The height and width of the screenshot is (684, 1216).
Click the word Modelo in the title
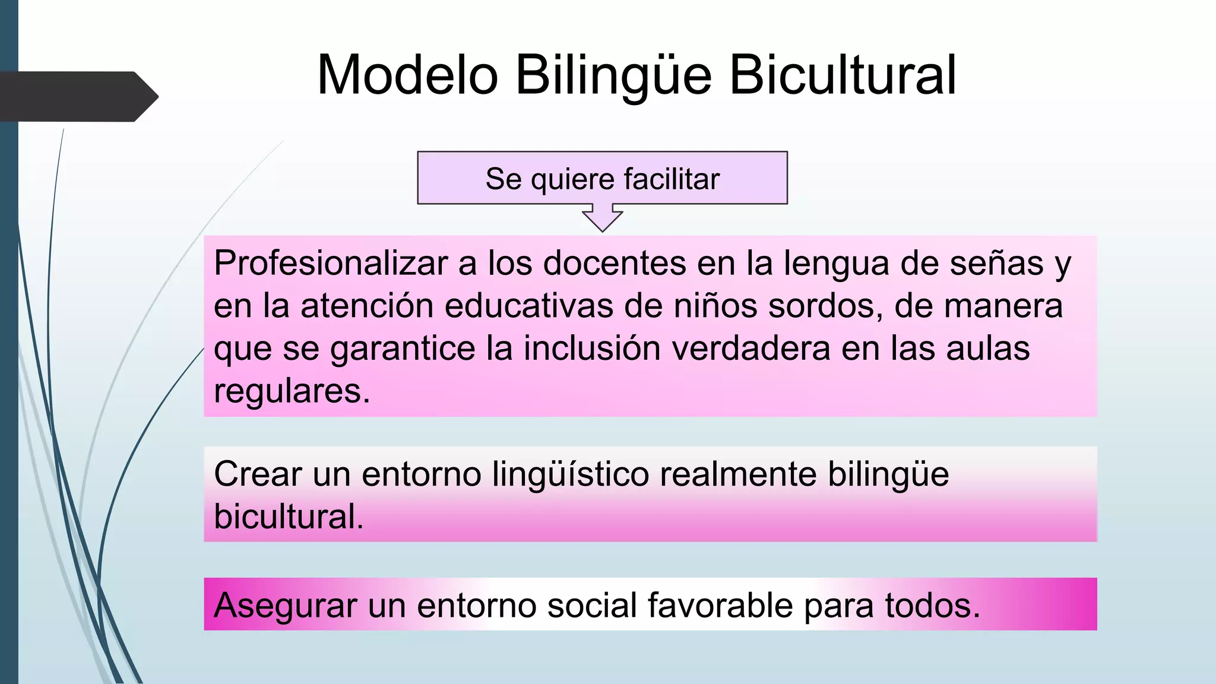407,75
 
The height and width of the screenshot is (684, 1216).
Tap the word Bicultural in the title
843,75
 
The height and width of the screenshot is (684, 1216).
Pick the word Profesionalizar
331,263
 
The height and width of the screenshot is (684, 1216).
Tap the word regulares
292,391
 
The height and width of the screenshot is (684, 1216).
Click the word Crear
258,474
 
